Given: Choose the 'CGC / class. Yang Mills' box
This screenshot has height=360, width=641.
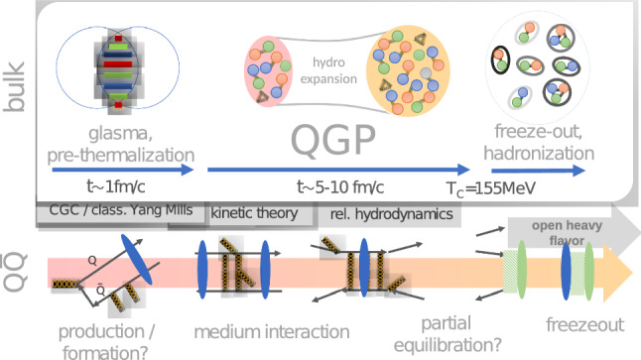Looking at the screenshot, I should (119, 211).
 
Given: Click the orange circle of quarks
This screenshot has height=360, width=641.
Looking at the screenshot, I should (410, 69).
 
